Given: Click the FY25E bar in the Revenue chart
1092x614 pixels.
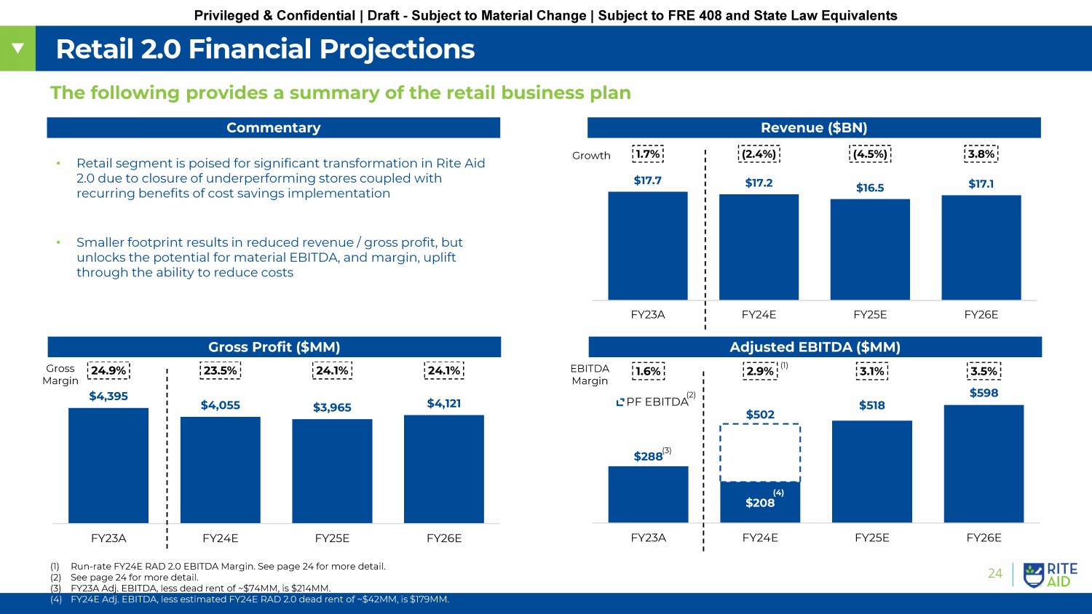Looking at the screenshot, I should click(x=870, y=249).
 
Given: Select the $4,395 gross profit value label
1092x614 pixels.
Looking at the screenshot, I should click(x=108, y=396).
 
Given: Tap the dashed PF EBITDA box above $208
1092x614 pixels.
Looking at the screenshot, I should click(x=760, y=452).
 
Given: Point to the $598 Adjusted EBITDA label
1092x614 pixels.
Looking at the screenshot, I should click(x=984, y=393).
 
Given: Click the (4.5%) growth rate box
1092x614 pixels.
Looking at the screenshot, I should click(x=870, y=154).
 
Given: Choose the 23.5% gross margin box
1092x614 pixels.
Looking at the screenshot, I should click(x=220, y=370).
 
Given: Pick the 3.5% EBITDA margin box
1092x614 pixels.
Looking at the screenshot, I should click(x=984, y=371).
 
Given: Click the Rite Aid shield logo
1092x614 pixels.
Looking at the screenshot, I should click(x=1033, y=575).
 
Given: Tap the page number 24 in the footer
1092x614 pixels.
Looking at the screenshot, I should click(x=994, y=573).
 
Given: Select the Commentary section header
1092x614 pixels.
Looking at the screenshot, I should click(x=273, y=128).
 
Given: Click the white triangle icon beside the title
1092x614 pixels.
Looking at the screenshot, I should click(x=17, y=49).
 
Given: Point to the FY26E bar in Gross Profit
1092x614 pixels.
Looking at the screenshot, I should click(x=444, y=469).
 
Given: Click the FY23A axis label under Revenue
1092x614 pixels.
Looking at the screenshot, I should click(x=647, y=315).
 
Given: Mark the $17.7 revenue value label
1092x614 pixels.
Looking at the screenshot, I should click(x=647, y=180).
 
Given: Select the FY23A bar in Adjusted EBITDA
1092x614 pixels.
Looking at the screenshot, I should click(x=648, y=494).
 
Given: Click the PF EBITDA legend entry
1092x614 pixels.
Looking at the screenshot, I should click(x=652, y=402).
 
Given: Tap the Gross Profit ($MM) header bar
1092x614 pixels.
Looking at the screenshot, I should click(x=274, y=347).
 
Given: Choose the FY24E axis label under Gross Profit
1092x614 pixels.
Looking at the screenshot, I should click(x=220, y=538).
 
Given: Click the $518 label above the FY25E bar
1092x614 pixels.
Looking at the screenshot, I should click(x=871, y=405).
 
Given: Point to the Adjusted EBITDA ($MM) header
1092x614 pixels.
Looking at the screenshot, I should click(x=815, y=347).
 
